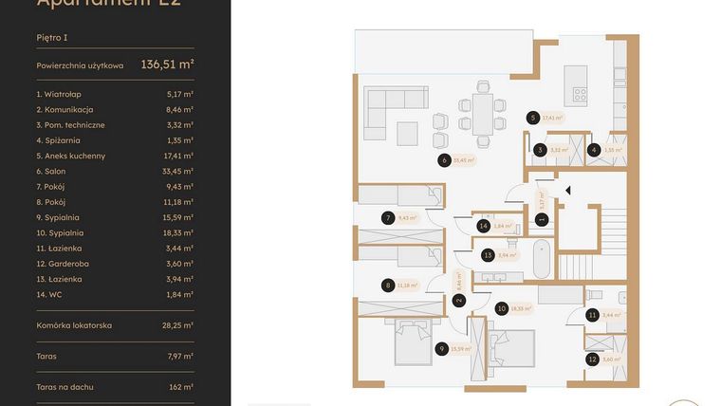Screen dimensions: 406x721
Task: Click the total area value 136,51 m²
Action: click(x=167, y=65)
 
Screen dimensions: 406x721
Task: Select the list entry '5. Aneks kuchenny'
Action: click(x=71, y=156)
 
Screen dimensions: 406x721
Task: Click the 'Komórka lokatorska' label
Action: click(x=74, y=325)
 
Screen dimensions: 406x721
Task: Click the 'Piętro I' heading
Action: click(x=52, y=38)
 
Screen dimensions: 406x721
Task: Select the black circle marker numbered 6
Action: click(x=443, y=160)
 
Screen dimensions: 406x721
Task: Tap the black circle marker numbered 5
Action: click(x=533, y=119)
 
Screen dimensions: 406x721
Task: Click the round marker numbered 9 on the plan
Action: click(x=442, y=349)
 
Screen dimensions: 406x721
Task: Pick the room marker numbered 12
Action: click(x=593, y=360)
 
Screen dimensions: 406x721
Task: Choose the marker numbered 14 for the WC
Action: click(x=484, y=226)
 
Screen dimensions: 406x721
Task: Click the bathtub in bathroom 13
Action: click(x=541, y=258)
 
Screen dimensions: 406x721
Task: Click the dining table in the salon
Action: click(x=483, y=114)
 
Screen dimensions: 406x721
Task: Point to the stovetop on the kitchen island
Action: click(x=579, y=94)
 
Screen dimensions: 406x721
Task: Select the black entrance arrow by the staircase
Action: click(x=567, y=191)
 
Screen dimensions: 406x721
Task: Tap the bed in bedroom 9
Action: click(x=413, y=340)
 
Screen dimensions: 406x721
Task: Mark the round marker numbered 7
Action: click(x=388, y=217)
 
